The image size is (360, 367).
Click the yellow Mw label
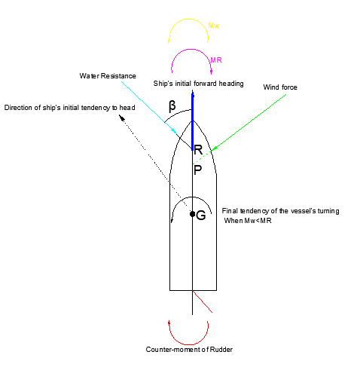point(214,26)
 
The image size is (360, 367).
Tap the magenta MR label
point(216,60)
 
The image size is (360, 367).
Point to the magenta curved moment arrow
point(191,50)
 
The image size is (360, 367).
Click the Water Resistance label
point(108,76)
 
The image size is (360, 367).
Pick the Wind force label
point(280,87)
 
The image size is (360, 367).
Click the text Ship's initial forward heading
point(198,84)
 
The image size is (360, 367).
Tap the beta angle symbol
point(172,106)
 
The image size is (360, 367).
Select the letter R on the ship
point(198,150)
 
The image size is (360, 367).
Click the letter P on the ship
point(197,170)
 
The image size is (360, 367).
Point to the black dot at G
point(192,214)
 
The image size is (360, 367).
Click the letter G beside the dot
point(200,216)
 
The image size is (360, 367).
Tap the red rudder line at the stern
point(203,301)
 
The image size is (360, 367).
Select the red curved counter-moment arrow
point(188,344)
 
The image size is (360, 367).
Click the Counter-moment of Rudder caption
point(189,350)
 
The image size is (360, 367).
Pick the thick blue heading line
point(193,121)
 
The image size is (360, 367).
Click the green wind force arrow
point(249,123)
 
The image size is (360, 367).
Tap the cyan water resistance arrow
point(149,108)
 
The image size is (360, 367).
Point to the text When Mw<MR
point(248,221)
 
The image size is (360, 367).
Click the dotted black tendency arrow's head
point(122,118)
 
